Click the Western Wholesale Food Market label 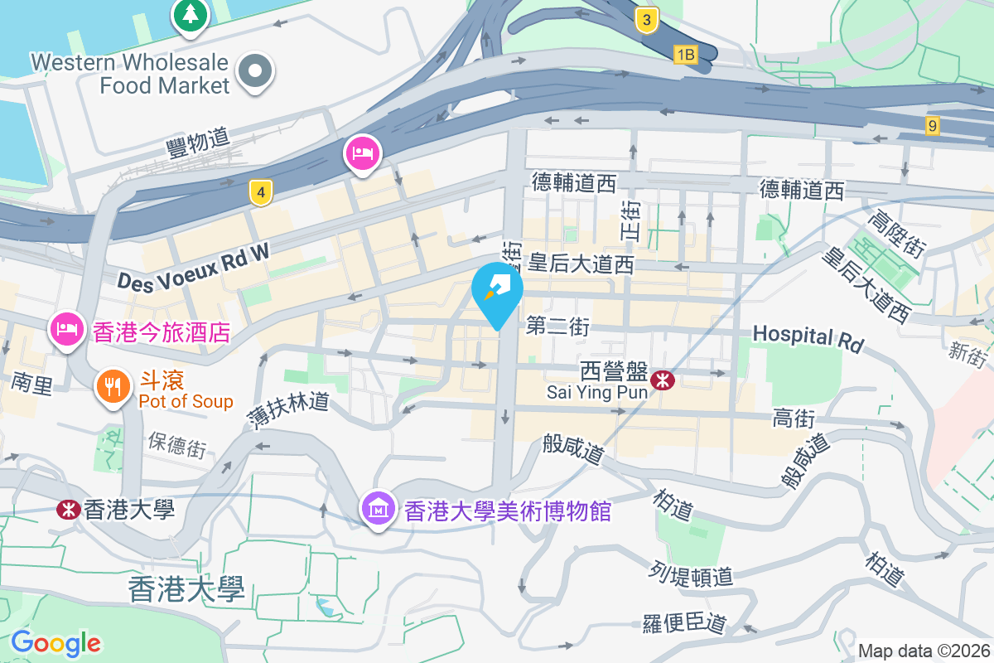(x=129, y=73)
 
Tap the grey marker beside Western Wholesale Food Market (x=255, y=71)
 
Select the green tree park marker (x=191, y=15)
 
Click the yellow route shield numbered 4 (x=261, y=194)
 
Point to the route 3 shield (x=647, y=20)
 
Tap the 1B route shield (x=685, y=55)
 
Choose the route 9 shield (x=934, y=126)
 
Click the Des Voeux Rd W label (x=194, y=265)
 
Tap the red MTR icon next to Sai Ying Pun (x=661, y=380)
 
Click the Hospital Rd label (x=808, y=337)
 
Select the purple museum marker (x=379, y=509)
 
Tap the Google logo (x=55, y=643)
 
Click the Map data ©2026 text (x=923, y=651)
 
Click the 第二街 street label (x=557, y=327)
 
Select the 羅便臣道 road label (x=684, y=622)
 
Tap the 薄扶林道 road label (x=288, y=411)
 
